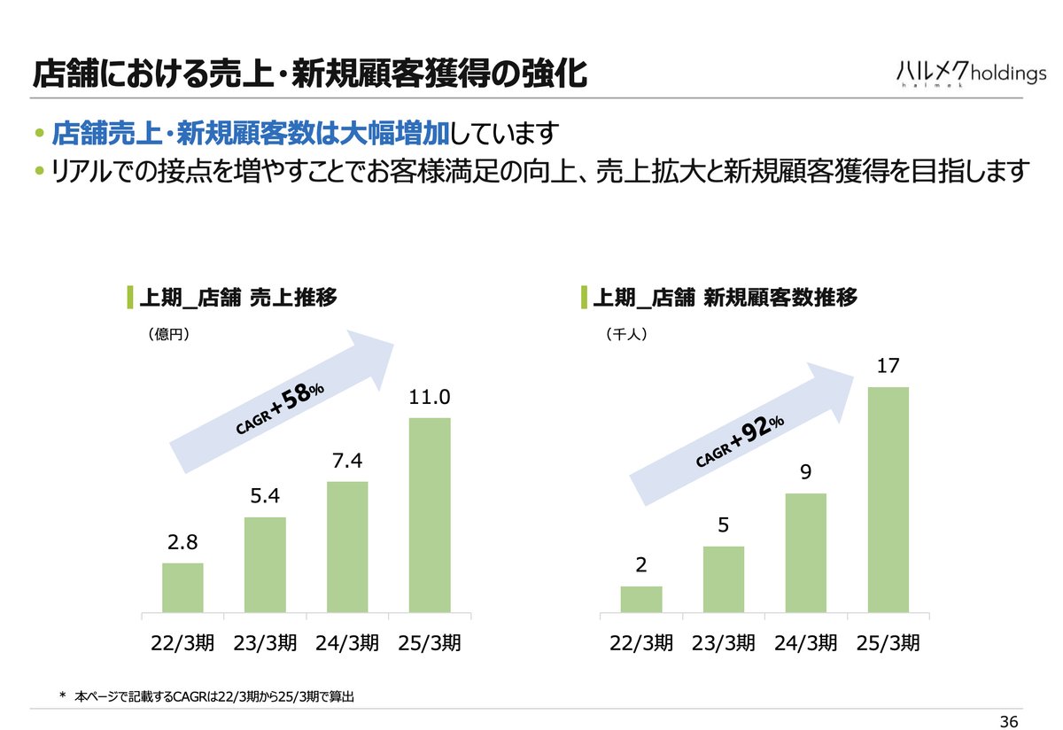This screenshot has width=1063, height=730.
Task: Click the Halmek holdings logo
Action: (970, 74)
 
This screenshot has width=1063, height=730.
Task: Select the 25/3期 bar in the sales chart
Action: (430, 515)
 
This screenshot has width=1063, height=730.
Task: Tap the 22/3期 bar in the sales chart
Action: (182, 587)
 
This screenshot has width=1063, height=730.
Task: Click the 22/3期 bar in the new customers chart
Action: (641, 599)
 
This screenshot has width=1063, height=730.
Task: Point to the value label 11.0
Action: (430, 399)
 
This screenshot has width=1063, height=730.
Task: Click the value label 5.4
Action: (265, 498)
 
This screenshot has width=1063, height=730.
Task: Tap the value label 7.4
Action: (347, 462)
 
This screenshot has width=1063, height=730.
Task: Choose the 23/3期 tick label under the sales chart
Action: (265, 644)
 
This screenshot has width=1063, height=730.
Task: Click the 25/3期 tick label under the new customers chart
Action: (888, 644)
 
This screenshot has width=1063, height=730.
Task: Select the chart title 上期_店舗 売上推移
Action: (237, 298)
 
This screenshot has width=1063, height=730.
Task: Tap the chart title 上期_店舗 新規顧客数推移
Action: (724, 298)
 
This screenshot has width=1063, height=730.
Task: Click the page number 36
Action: (1009, 718)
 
